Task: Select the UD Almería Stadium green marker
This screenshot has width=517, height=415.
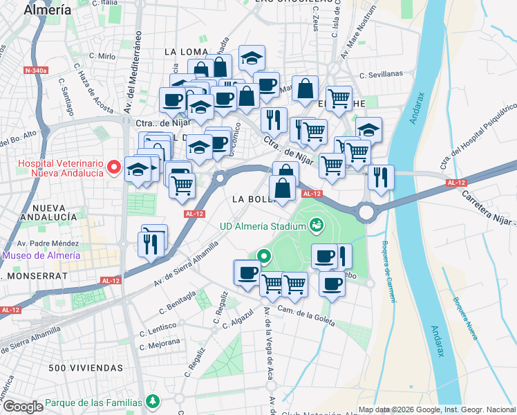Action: tap(317, 225)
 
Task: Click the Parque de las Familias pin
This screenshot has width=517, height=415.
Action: tap(152, 402)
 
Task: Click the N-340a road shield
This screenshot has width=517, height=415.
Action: tap(36, 71)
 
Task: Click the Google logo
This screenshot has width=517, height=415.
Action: tap(23, 407)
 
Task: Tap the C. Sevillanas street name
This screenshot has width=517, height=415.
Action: tap(381, 74)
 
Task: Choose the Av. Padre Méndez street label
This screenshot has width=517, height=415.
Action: tap(46, 243)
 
